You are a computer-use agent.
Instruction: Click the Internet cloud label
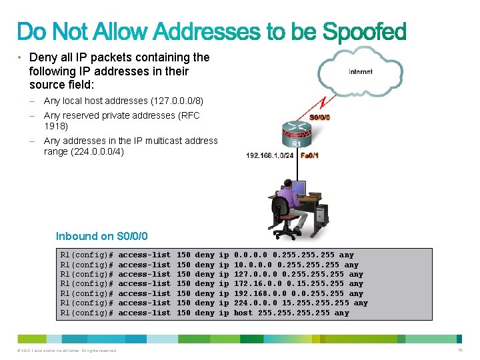[361, 71]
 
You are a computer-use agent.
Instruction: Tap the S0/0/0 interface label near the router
[320, 117]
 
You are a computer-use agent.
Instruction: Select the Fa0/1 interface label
[309, 155]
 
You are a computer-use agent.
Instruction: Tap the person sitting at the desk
[289, 200]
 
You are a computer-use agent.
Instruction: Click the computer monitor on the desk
[299, 190]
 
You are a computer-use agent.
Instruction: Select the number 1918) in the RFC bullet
[55, 125]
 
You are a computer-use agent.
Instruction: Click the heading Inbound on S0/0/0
[102, 236]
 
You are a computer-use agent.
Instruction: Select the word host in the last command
[243, 313]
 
